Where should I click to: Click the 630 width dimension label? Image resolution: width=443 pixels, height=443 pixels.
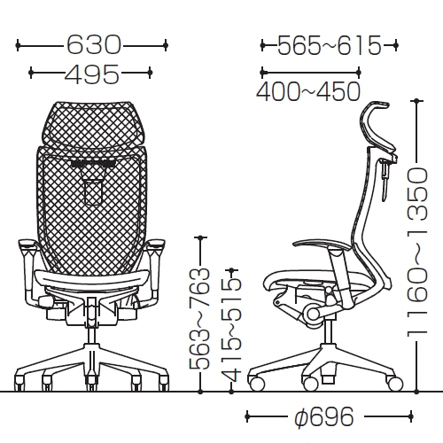(x=94, y=45)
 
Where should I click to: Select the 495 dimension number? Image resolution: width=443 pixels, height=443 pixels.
(x=92, y=73)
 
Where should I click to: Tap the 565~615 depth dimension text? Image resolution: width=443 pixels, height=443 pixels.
(x=330, y=45)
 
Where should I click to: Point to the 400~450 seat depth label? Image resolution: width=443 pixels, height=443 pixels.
(x=308, y=91)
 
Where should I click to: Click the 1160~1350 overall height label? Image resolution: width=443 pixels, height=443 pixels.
(x=417, y=252)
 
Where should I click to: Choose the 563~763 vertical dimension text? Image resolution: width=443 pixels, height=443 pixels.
(x=199, y=318)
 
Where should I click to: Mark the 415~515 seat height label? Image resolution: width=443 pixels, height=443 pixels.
(x=231, y=330)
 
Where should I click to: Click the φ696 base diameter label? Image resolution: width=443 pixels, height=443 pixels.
(x=324, y=416)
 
